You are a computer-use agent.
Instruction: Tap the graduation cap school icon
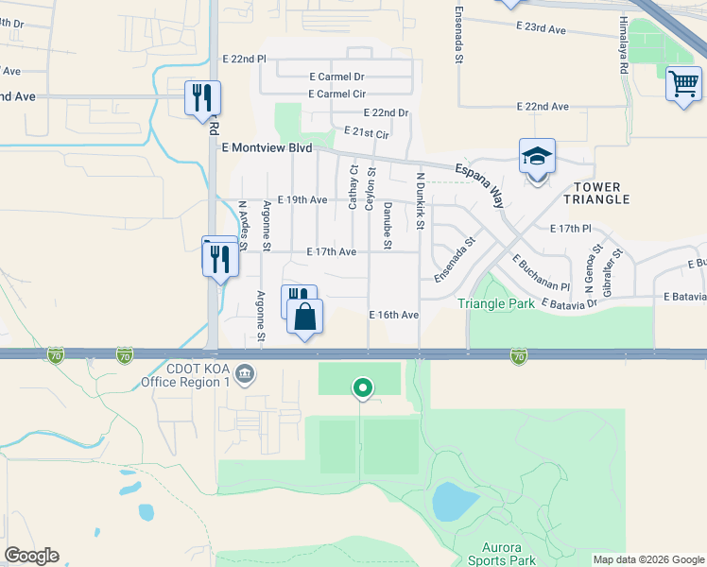coord(537,156)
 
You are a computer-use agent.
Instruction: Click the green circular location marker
coord(361,387)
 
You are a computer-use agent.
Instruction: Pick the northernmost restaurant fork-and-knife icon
coord(202,97)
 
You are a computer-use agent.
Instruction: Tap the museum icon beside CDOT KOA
coord(245,375)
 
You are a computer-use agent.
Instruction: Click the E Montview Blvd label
coord(267,148)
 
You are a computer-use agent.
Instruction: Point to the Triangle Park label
coord(496,303)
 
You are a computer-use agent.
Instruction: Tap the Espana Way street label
coord(482,182)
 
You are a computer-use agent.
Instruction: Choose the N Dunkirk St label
coord(420,201)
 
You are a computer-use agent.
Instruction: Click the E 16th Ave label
coord(393,315)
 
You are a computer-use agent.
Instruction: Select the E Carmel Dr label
coord(336,77)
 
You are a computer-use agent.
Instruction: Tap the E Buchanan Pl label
coord(541,273)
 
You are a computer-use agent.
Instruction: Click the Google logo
coord(31,556)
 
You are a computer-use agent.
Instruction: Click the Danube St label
coord(387,226)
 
